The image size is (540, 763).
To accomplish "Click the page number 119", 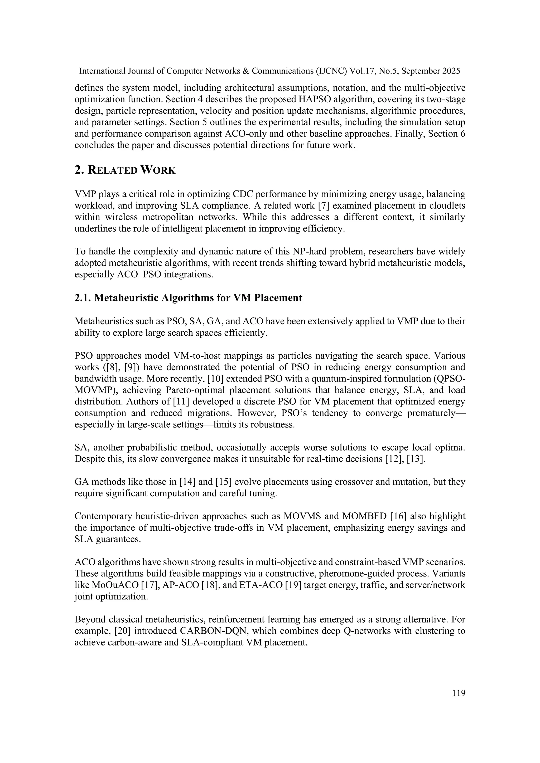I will click(x=459, y=693).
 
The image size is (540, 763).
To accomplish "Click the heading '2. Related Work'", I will click(x=125, y=170).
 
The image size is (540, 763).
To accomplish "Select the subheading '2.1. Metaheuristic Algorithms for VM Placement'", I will click(x=188, y=298).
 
